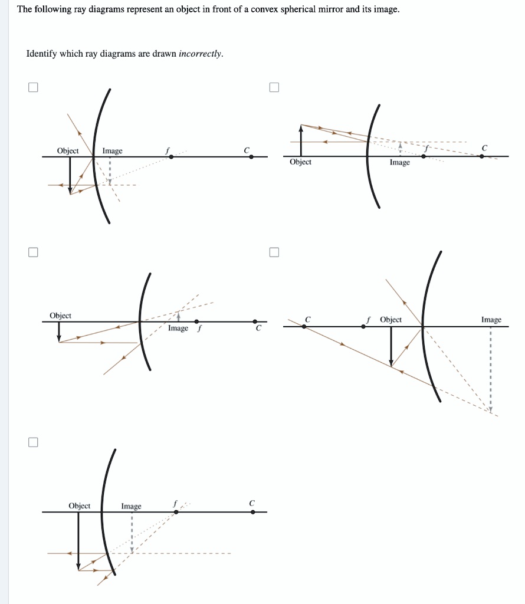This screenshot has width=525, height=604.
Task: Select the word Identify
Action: [x=41, y=54]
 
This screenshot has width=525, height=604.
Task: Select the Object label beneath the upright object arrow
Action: [x=300, y=162]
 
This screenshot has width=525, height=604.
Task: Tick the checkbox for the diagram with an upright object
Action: [x=273, y=88]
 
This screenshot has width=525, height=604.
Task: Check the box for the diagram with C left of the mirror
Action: [x=273, y=252]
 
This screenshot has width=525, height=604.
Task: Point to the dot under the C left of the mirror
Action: [x=304, y=326]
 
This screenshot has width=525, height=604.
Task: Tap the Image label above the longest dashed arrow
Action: [x=491, y=320]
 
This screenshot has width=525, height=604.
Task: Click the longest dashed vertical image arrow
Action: [x=490, y=369]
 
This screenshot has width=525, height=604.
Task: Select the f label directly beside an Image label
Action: [x=199, y=328]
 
